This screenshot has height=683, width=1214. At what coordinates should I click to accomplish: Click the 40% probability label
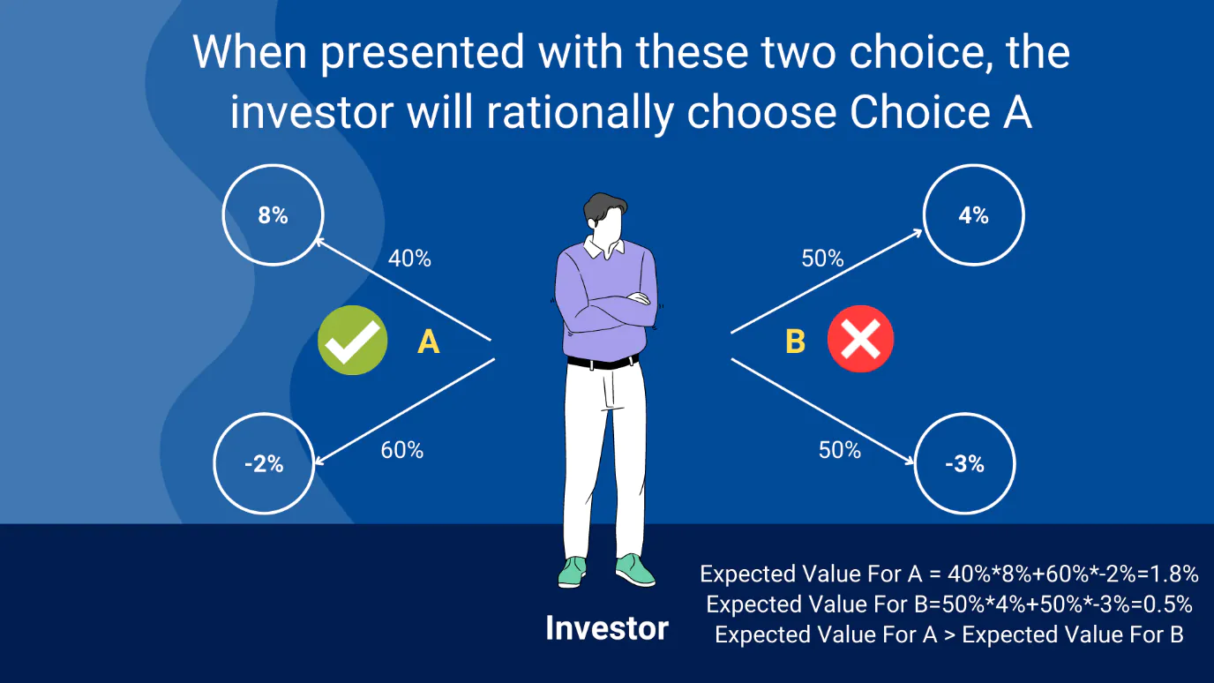point(409,259)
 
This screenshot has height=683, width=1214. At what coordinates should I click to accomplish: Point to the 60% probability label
point(402,450)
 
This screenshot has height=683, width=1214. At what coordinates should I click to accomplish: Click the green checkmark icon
point(352,340)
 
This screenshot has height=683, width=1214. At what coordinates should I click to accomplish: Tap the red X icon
point(860,339)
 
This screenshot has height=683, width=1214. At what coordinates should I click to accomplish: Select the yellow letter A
point(428,342)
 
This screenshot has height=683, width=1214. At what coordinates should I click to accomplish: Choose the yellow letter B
point(795,341)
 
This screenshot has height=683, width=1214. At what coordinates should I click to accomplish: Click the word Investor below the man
point(607,628)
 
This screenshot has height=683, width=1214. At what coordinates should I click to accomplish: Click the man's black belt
point(603,362)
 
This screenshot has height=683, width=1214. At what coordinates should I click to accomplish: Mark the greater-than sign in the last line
point(949,635)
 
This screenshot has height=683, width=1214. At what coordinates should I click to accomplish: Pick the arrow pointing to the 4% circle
point(827,281)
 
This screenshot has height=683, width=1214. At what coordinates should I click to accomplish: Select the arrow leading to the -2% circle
point(404,411)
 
